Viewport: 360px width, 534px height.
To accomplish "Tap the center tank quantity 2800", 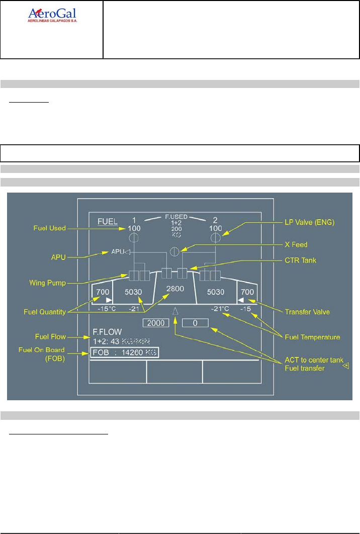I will [x=175, y=289].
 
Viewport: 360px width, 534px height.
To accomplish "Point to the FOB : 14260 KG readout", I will [x=124, y=352].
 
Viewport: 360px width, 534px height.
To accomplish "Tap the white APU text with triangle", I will [x=121, y=251].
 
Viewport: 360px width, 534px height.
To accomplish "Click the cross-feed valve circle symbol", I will [x=175, y=251].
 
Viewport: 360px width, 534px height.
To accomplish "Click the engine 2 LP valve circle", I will [x=215, y=237].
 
